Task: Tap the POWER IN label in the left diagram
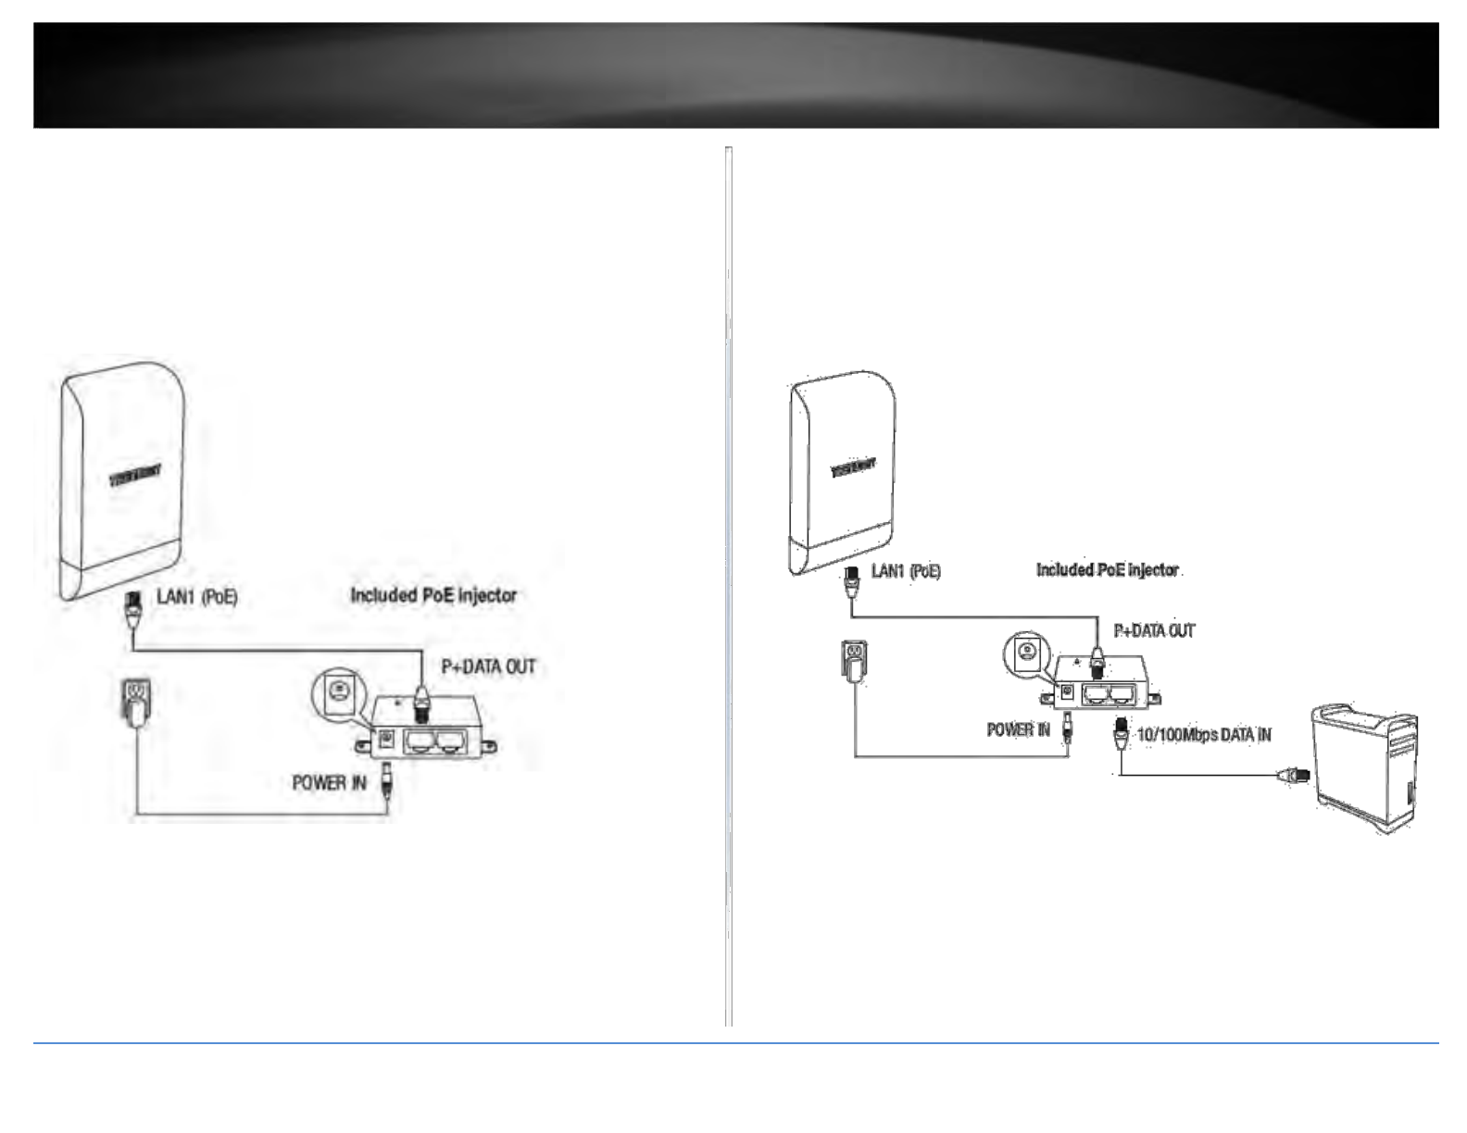click(x=329, y=783)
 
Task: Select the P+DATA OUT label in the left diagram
click(x=488, y=666)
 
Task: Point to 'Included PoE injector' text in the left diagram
click(x=433, y=595)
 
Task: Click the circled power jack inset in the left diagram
click(x=339, y=692)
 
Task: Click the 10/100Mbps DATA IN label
click(x=1204, y=735)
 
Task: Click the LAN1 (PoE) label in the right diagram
click(x=905, y=571)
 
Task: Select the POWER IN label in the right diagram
click(x=1018, y=729)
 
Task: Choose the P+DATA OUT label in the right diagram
click(x=1154, y=631)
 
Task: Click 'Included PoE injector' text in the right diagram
click(x=1108, y=570)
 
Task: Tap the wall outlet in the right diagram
click(x=854, y=663)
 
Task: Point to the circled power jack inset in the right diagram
click(x=1026, y=654)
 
